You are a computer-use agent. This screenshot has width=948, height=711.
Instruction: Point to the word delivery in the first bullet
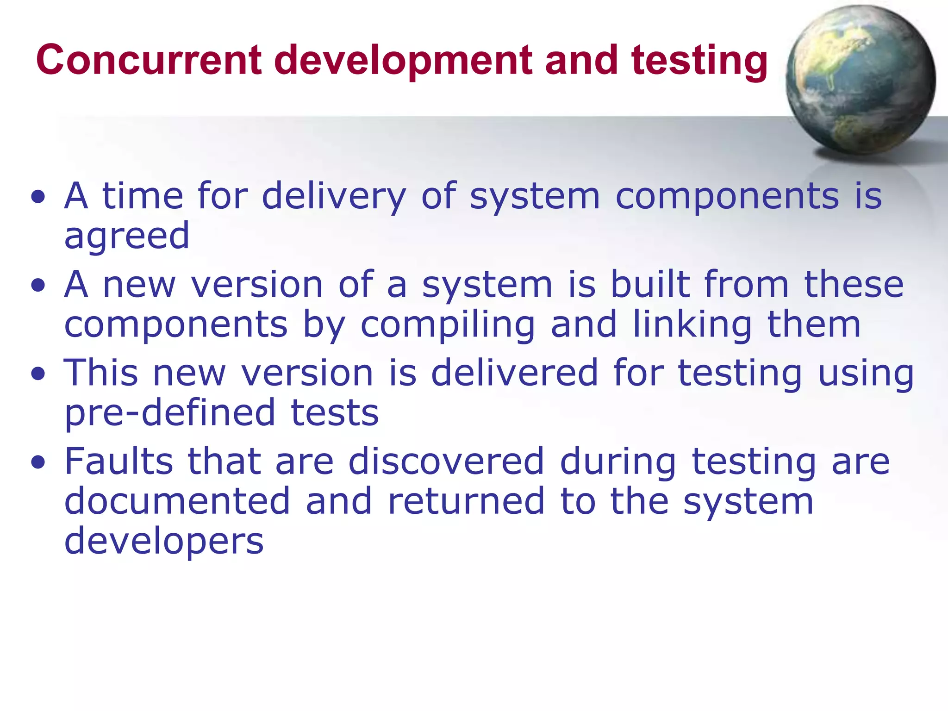click(334, 197)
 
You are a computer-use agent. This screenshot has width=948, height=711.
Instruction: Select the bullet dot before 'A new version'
click(38, 286)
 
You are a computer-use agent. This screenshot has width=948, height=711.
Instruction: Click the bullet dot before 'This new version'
click(38, 374)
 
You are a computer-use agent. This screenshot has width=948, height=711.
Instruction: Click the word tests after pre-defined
click(334, 413)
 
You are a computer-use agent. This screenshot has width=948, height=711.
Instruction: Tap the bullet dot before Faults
click(38, 462)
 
